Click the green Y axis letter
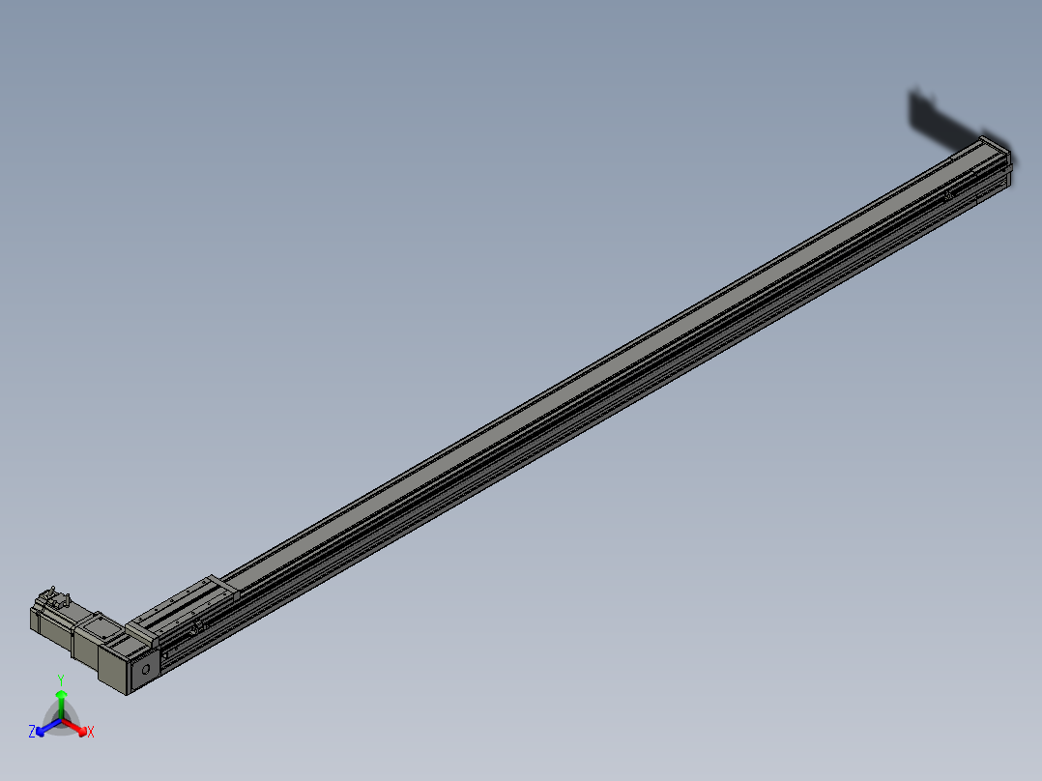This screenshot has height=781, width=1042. point(60,680)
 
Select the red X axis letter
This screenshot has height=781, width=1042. point(91,733)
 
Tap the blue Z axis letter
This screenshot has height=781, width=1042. point(32,733)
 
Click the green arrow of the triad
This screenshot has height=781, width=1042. point(61,698)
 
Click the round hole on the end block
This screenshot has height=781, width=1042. point(146,668)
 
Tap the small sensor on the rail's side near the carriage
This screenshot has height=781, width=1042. point(195,629)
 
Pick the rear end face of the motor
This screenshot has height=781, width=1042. point(34,620)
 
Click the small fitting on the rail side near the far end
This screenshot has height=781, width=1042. point(949,196)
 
